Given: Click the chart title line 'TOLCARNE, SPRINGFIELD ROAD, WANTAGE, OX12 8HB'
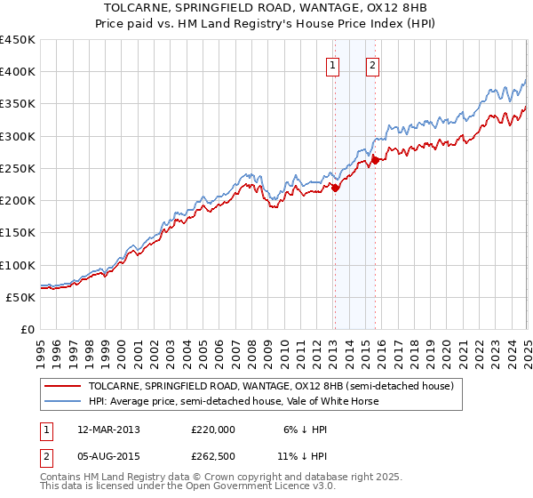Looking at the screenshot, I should (266, 7).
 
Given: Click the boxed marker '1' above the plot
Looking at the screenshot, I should (332, 65).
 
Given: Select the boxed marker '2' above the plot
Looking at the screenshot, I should (372, 65).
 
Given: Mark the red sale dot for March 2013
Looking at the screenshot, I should (336, 188).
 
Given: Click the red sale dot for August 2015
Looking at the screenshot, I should (375, 160).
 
